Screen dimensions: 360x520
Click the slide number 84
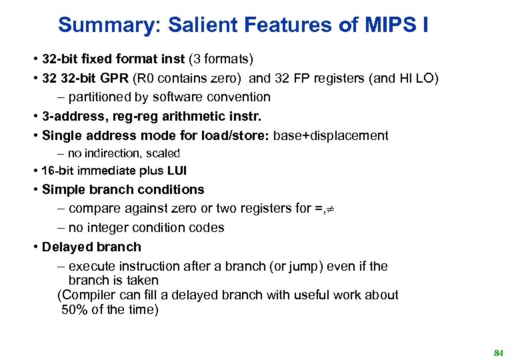click(498, 351)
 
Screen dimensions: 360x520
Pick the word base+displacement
click(331, 135)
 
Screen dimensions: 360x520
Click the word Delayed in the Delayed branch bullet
click(68, 247)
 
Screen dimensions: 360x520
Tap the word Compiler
click(88, 295)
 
